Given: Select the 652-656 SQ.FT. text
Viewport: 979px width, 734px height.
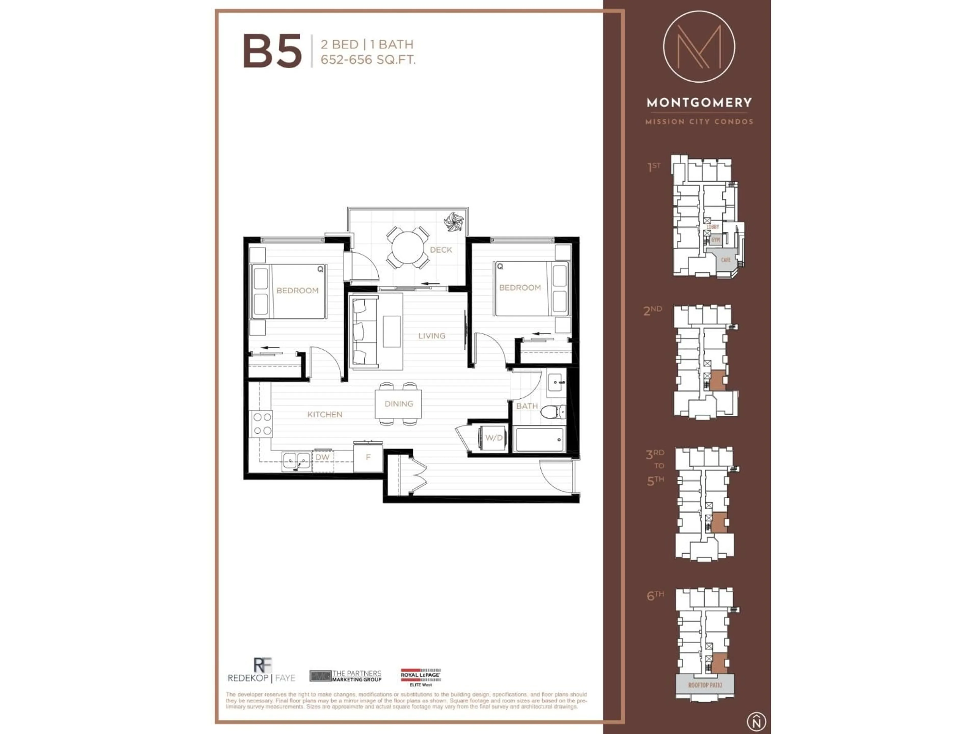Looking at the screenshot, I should pos(368,60).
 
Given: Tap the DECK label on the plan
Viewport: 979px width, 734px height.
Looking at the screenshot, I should pos(441,250).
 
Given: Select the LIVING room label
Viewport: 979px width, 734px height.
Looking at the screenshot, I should pos(432,336).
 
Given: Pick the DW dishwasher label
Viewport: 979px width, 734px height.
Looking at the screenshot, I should pos(323,457).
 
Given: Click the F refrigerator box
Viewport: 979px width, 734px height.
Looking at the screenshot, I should pos(368,457).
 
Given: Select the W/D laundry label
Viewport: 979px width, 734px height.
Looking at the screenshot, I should pos(494,438).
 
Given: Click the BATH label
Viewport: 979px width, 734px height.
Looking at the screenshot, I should pos(527,406).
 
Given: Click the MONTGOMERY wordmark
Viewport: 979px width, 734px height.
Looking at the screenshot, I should pos(699,103).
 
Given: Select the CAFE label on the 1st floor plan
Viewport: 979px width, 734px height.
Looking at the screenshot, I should pos(725,260).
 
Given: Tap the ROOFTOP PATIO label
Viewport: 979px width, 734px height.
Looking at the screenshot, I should pos(705,685).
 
